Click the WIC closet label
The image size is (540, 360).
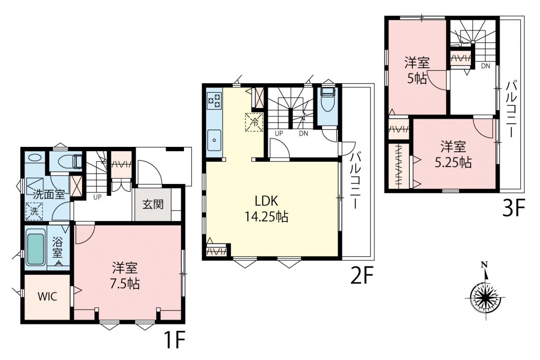47,296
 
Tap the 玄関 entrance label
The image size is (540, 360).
153,204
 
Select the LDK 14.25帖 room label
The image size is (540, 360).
266,209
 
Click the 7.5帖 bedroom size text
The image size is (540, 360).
125,284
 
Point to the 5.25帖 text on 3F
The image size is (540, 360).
453,163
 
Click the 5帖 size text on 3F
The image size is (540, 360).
417,78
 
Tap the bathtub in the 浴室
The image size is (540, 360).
36,249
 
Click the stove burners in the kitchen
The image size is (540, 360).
214,100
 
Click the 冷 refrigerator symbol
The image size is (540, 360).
254,122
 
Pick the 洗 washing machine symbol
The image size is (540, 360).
34,211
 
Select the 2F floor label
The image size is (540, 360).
362,275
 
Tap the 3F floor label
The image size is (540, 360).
513,208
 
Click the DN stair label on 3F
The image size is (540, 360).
486,66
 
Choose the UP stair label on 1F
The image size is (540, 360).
97,197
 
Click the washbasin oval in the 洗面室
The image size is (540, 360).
35,157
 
